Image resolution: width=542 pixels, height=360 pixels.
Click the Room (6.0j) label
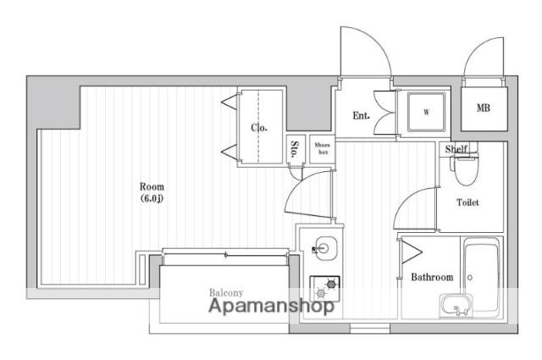[152, 192]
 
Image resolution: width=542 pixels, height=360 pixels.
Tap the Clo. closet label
[259, 128]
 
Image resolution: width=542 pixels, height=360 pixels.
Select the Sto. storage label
[295, 149]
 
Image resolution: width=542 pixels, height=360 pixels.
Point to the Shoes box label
[322, 148]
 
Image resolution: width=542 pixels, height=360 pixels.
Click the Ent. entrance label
[362, 115]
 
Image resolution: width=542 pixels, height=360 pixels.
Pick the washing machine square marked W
[426, 112]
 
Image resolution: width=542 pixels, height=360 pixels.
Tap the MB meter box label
[484, 108]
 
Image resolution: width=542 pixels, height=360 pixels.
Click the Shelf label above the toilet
[456, 149]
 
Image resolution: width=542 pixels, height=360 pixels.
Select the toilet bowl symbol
[465, 170]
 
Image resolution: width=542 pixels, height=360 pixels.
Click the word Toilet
[467, 202]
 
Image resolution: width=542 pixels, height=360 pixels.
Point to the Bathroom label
[432, 277]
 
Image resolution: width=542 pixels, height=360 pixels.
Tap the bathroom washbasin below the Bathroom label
[456, 305]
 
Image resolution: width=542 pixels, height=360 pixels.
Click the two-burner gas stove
[324, 288]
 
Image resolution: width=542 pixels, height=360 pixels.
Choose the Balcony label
[226, 293]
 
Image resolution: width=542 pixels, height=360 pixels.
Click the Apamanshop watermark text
[271, 306]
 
